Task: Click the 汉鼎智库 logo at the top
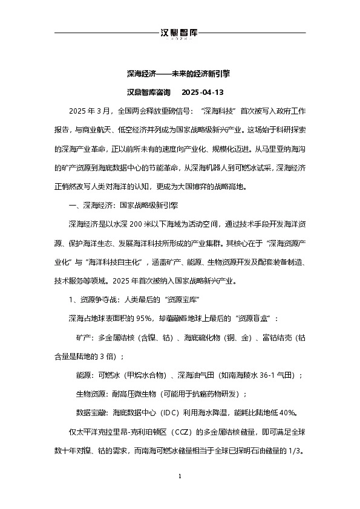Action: coord(180,34)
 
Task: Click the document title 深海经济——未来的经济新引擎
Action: coord(180,74)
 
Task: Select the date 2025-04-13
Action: coord(203,92)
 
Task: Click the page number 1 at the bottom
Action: coord(180,477)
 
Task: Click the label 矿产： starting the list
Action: coord(86,337)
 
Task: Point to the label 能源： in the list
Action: coord(86,375)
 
